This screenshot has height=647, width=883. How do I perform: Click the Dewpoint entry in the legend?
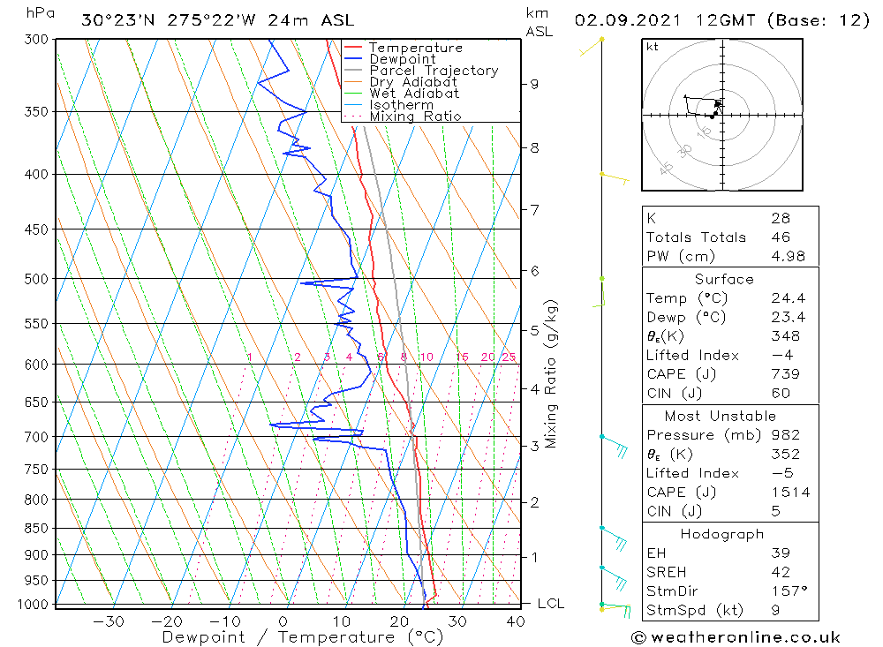point(402,59)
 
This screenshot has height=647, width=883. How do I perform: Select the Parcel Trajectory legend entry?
point(434,71)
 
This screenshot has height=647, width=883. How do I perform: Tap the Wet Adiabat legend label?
point(414,94)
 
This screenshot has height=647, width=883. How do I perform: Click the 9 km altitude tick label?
point(534,84)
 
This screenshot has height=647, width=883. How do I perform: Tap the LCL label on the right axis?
point(550,604)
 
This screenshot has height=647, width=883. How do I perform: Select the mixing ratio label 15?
point(462,357)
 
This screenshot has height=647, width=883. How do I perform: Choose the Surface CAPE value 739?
point(783,373)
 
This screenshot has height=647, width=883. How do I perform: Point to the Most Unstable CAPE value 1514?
point(789,493)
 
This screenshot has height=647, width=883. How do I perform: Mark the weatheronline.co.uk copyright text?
point(735,637)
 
